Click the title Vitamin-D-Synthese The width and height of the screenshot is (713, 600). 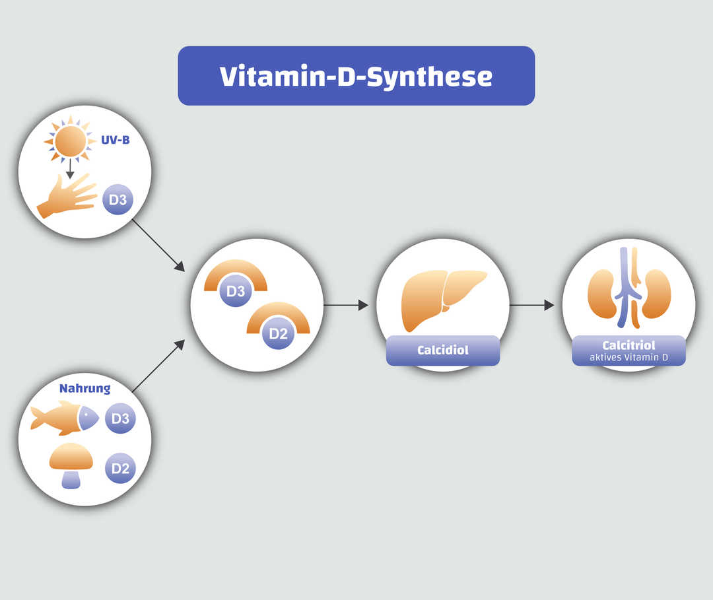[x=356, y=77]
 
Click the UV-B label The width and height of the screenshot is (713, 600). [x=115, y=141]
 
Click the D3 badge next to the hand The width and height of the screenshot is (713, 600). [x=118, y=200]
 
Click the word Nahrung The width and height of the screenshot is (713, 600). [x=85, y=389]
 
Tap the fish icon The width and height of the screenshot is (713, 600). [x=64, y=418]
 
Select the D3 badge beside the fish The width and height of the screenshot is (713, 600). [x=120, y=418]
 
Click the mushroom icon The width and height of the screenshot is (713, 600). [x=71, y=465]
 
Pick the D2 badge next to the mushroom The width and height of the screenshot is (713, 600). [x=120, y=469]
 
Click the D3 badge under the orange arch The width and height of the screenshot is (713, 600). [x=236, y=292]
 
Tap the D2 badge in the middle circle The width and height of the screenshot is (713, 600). [x=278, y=334]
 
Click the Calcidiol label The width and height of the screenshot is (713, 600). [x=442, y=350]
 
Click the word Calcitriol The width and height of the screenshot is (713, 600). [x=628, y=345]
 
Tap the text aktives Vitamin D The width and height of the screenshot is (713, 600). [x=628, y=357]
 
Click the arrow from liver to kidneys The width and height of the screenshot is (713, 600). [x=531, y=305]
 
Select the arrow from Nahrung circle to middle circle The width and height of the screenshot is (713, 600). [x=158, y=367]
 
